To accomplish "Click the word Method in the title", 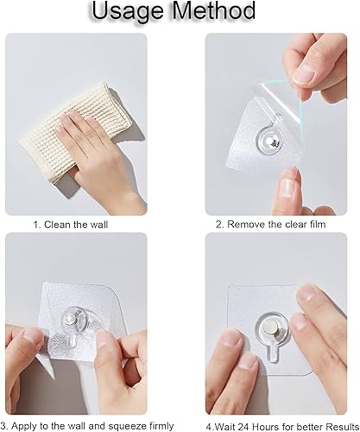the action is [x=214, y=10].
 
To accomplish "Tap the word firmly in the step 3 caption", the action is [x=159, y=426].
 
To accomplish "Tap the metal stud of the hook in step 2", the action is [x=270, y=142].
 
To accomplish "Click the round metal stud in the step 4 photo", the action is [x=271, y=328].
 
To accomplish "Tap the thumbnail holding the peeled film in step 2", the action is [x=304, y=74].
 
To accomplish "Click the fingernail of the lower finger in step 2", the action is [x=287, y=187].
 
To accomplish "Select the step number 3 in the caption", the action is [x=3, y=426].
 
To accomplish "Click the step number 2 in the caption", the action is [x=219, y=225].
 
